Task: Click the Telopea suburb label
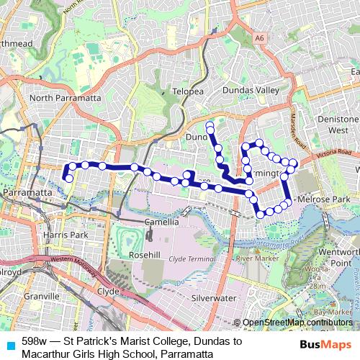click(x=188, y=91)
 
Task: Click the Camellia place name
click(x=161, y=222)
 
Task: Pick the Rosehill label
click(x=144, y=255)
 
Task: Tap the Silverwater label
click(x=214, y=297)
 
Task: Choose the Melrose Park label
click(x=324, y=199)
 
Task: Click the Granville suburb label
click(x=42, y=296)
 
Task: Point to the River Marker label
click(x=257, y=258)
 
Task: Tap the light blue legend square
click(x=10, y=344)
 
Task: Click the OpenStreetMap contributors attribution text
click(x=295, y=323)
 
